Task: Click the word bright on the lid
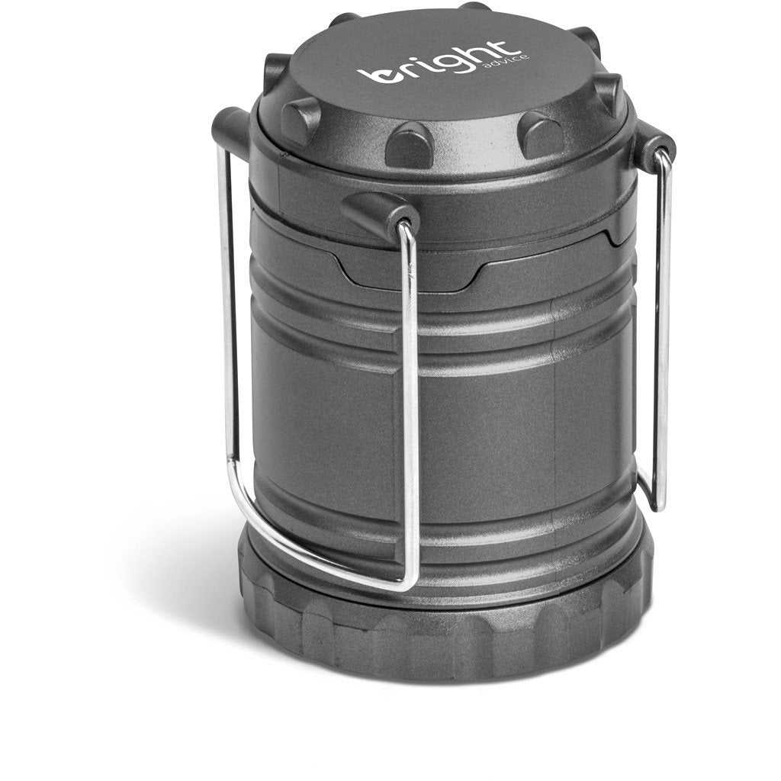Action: click(435, 64)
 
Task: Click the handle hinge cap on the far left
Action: click(230, 130)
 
